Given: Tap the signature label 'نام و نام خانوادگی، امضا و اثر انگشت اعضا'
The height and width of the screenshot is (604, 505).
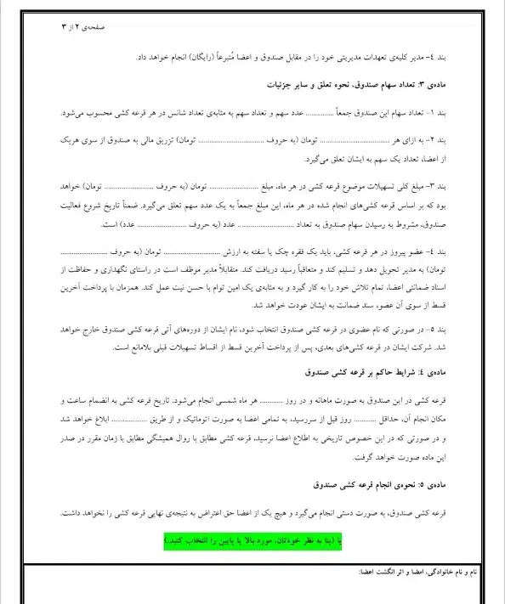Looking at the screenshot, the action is click(423, 573).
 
